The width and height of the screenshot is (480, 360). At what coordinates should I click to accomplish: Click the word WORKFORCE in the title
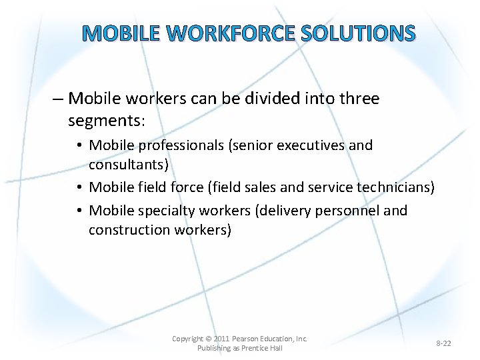pyautogui.click(x=231, y=33)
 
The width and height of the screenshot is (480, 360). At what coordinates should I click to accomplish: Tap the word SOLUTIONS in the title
pyautogui.click(x=358, y=33)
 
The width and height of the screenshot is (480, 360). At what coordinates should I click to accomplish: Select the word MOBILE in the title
pyautogui.click(x=122, y=33)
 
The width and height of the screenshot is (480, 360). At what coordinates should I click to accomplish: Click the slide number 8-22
pyautogui.click(x=443, y=343)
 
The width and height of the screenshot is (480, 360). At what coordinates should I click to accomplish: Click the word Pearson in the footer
pyautogui.click(x=245, y=339)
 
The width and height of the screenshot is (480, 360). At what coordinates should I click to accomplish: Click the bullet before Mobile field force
pyautogui.click(x=79, y=188)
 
